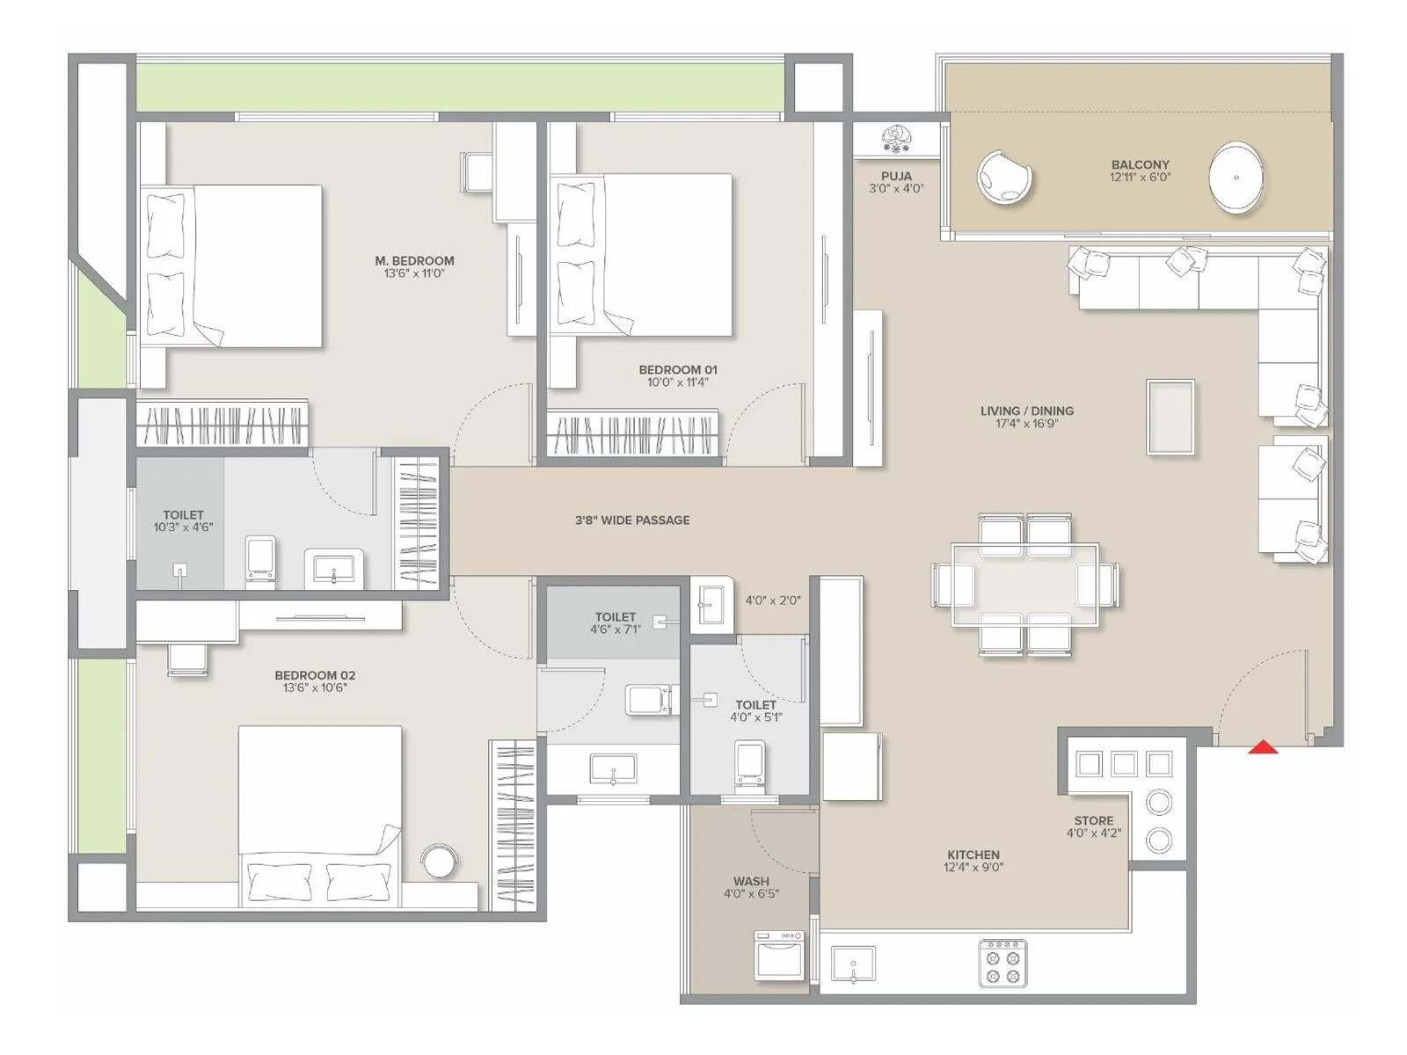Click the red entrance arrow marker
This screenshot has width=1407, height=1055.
click(x=1263, y=747)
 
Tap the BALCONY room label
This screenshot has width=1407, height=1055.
click(x=1140, y=164)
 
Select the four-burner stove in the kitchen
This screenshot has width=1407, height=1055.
click(x=1002, y=964)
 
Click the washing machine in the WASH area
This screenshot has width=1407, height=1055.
click(x=778, y=956)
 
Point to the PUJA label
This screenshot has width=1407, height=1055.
click(x=896, y=176)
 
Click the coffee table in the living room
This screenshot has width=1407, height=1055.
click(x=1170, y=418)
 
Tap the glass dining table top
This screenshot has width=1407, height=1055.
click(x=1025, y=585)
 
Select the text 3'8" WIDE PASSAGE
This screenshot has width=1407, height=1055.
click(x=632, y=520)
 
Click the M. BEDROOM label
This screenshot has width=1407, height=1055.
click(x=414, y=260)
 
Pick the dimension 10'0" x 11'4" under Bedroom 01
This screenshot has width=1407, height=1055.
click(x=677, y=382)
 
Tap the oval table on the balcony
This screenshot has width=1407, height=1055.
click(x=1236, y=178)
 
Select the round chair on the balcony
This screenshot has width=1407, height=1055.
click(x=1003, y=178)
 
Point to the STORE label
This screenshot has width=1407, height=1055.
click(x=1093, y=820)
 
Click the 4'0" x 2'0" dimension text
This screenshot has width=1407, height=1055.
click(x=773, y=600)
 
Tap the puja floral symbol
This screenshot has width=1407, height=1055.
click(x=897, y=137)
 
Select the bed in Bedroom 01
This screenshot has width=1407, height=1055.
click(x=642, y=255)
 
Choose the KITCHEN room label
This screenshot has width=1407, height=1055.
click(x=973, y=855)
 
